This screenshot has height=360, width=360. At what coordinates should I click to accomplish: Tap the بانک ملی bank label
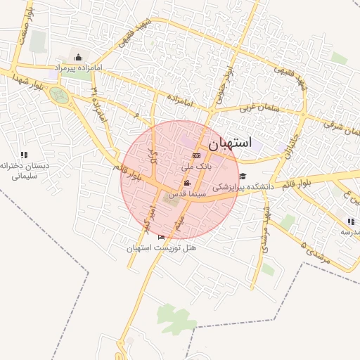(x=196, y=167)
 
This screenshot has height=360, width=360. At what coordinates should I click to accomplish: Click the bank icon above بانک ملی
(x=196, y=155)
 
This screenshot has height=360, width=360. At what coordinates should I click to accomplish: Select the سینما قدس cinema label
(x=186, y=191)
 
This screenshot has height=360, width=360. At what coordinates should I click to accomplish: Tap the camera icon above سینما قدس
(x=186, y=182)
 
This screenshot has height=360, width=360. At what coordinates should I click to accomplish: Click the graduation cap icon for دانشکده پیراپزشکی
(x=243, y=176)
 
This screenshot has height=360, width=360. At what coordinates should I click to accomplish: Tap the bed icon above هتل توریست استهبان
(x=162, y=238)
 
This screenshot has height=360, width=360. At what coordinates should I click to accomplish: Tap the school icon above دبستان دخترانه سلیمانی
(x=24, y=155)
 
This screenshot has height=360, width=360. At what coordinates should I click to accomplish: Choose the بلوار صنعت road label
(x=27, y=27)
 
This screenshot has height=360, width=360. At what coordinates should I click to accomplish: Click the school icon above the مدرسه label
(x=351, y=221)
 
